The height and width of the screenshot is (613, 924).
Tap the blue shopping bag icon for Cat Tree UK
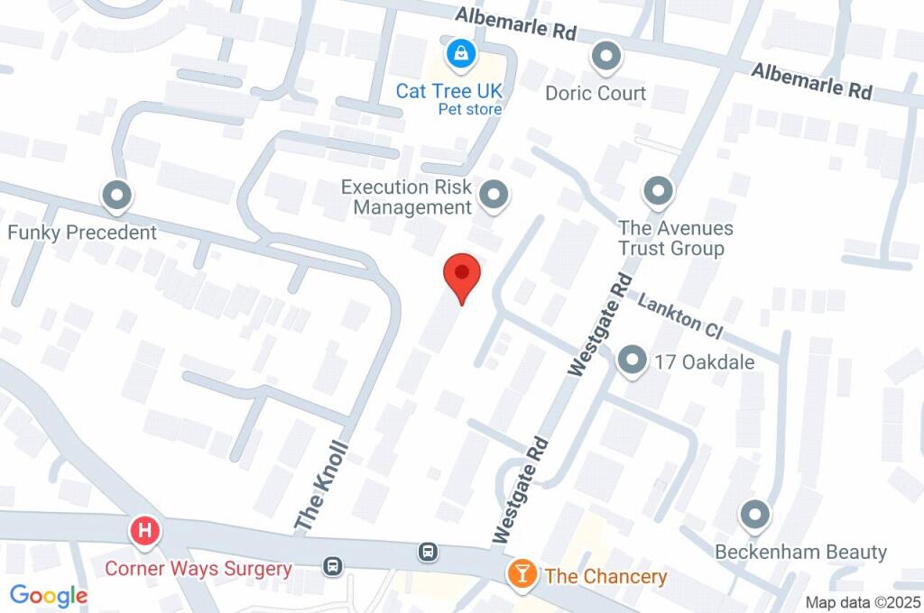click(461, 53)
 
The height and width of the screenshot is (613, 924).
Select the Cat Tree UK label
click(448, 91)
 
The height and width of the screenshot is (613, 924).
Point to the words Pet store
click(469, 110)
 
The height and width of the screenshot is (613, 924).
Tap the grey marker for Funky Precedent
click(116, 195)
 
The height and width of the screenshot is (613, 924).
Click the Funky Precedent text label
click(82, 233)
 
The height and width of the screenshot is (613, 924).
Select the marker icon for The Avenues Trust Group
click(658, 191)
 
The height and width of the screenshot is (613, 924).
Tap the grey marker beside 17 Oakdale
click(632, 361)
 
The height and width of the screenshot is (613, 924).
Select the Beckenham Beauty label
click(800, 552)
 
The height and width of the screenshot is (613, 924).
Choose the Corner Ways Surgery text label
click(198, 569)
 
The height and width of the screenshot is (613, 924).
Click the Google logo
click(49, 596)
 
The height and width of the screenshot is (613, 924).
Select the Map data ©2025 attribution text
click(863, 602)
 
